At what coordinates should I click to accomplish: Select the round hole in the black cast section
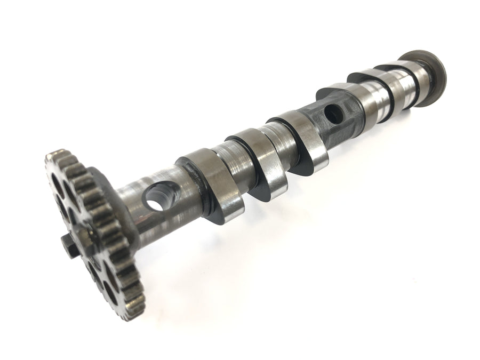click(333, 111)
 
